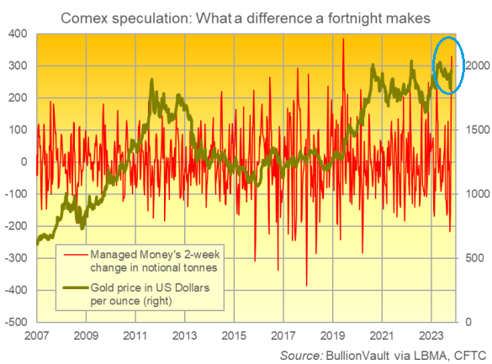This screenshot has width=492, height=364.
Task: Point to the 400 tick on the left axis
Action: coord(18,34)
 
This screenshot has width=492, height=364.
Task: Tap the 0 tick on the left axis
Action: coord(24,161)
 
